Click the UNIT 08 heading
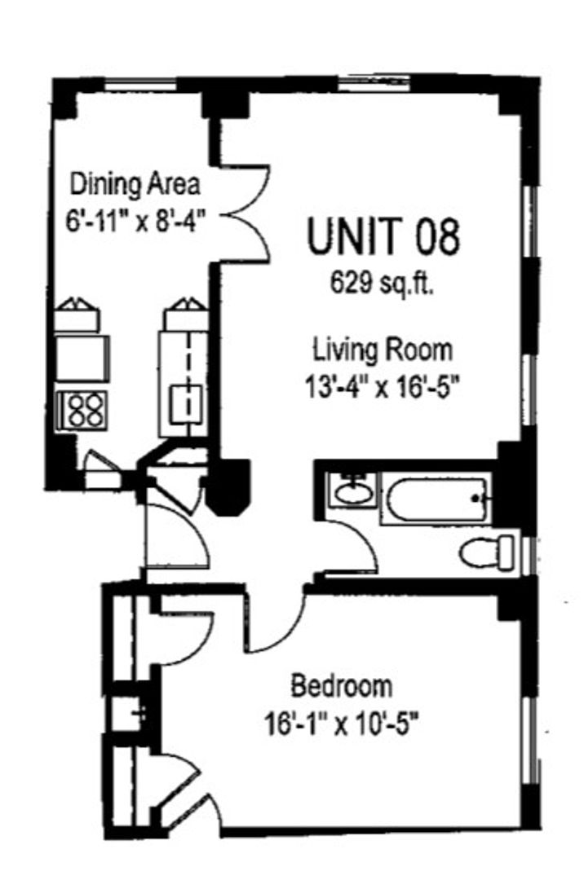[383, 235]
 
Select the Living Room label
[382, 350]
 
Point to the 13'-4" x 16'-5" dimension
[382, 387]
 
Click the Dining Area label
[135, 185]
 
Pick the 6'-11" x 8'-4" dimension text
[134, 220]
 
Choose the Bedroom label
[342, 686]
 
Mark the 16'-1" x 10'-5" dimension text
[342, 724]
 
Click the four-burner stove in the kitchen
[83, 410]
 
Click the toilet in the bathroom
[486, 552]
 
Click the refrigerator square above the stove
[82, 358]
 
